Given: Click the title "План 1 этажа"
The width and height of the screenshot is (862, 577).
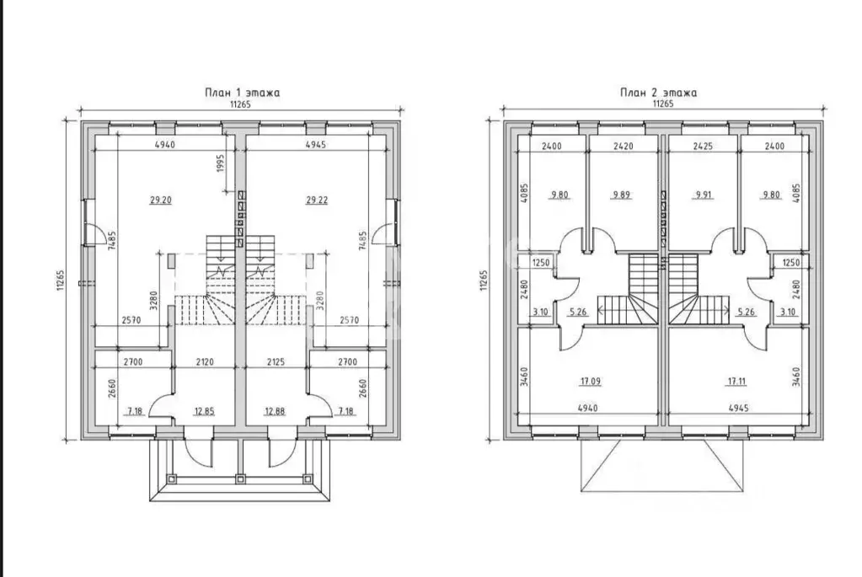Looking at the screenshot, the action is pos(243,93).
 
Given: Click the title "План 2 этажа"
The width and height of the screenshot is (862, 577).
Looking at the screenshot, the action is pos(659,93).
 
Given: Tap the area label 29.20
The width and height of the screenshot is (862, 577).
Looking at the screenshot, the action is pos(161,200).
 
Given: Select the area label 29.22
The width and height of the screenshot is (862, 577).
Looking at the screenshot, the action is pos(317,200).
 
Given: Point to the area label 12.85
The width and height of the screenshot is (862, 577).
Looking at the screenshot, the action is pos(204,411).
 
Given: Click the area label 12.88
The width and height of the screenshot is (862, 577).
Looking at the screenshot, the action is pos(275,411).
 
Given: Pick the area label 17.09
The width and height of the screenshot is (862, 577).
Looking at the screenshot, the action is pos(590,381).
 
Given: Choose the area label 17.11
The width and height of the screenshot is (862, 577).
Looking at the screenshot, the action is pos(736,381).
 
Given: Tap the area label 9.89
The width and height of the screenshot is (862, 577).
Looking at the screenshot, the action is pos(621,195).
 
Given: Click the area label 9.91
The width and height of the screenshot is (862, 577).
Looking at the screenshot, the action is pos(704,195).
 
